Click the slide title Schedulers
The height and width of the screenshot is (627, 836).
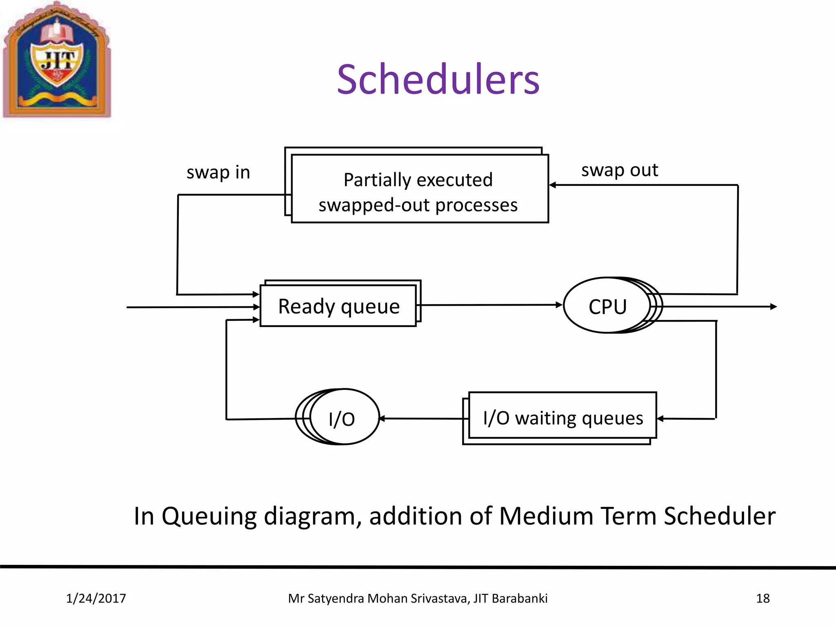click(438, 80)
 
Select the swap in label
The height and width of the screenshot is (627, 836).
click(218, 172)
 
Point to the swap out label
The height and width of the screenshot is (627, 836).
click(619, 170)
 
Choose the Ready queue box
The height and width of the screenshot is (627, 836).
click(338, 306)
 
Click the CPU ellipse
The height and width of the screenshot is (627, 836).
click(607, 306)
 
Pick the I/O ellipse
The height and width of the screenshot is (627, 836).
click(342, 418)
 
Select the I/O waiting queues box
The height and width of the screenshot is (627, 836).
click(563, 417)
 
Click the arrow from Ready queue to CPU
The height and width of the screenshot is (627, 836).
click(490, 305)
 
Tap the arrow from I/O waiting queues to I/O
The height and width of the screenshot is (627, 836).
click(422, 418)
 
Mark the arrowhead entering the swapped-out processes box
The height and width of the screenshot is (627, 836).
click(553, 185)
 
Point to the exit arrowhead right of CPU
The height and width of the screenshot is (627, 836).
click(773, 307)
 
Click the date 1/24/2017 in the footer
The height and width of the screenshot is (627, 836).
click(96, 598)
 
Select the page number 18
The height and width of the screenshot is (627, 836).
click(763, 598)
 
